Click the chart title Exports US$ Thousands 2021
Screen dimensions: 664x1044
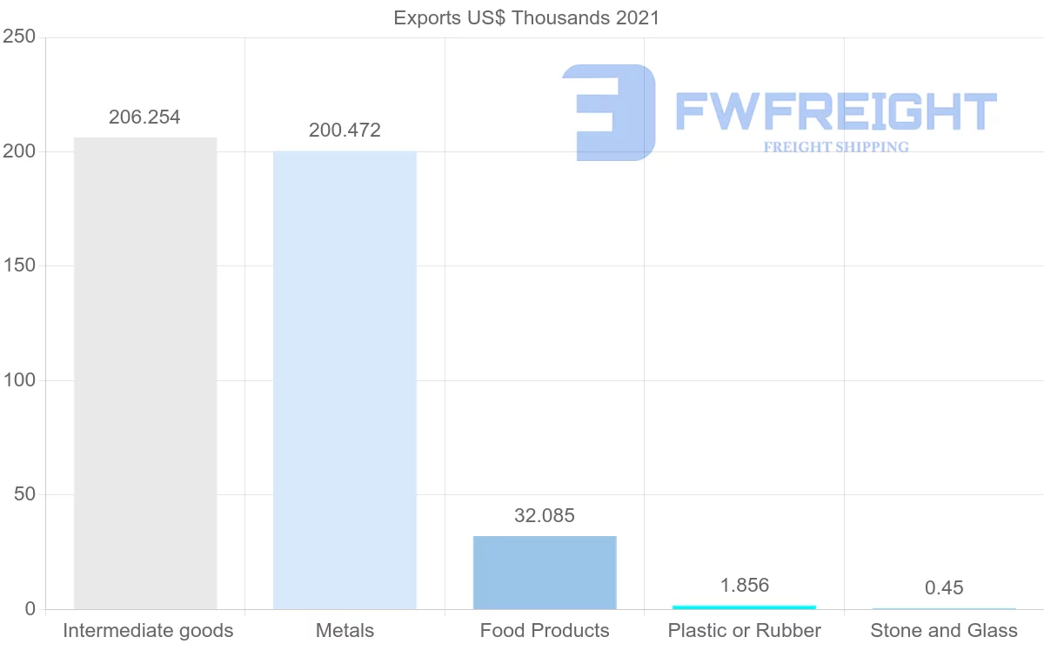coord(526,17)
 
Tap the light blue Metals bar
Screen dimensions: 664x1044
coord(345,379)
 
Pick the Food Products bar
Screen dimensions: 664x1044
coord(545,572)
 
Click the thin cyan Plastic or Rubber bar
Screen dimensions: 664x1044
coord(744,607)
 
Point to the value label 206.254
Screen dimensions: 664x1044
coord(144,117)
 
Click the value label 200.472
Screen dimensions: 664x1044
coord(345,131)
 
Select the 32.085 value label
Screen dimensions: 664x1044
coord(545,515)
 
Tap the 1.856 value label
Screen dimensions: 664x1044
coord(744,585)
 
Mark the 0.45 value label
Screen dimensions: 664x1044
coord(944,588)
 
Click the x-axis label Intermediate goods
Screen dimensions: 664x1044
coord(148,630)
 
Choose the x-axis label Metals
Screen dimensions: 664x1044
coord(345,630)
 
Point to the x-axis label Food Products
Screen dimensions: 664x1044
coord(545,630)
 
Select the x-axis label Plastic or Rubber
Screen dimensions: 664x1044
coord(744,630)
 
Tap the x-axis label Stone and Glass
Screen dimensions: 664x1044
coord(944,630)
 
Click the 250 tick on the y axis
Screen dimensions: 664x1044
coord(18,37)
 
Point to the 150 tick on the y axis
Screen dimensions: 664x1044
coord(18,265)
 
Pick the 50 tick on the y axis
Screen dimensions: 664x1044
coord(23,494)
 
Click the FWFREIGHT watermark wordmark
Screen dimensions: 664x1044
coord(835,111)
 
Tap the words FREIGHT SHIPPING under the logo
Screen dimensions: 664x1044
coord(835,147)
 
